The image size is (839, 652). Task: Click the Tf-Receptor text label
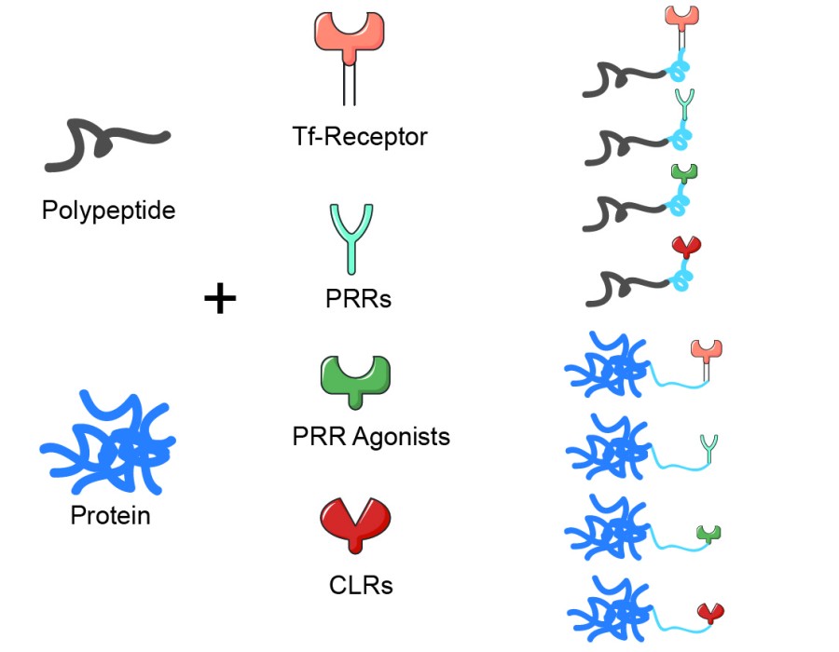coord(359,137)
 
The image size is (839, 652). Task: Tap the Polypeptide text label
coord(108,211)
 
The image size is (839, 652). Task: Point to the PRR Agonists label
coord(371,435)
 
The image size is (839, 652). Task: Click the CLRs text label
coord(361,586)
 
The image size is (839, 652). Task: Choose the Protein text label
coord(110,514)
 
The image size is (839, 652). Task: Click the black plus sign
coord(220,299)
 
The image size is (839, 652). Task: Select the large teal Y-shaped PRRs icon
coord(351,233)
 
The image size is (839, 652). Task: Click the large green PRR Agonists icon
coord(354,377)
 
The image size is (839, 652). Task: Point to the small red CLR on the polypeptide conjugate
coord(686,248)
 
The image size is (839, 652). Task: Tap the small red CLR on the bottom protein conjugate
coord(711,612)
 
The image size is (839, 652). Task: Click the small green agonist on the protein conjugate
coord(709,534)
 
